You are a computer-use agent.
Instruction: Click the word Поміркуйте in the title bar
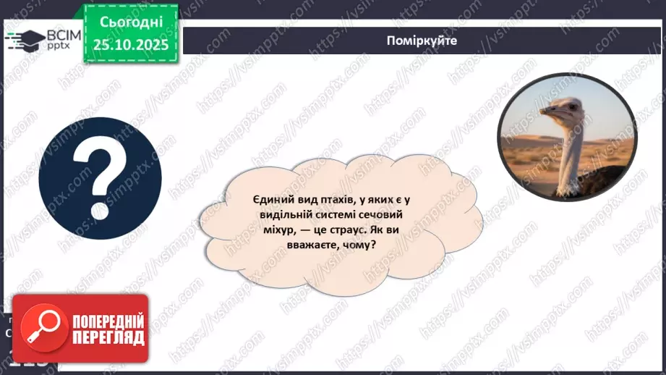422,41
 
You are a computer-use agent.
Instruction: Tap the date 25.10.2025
130,45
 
